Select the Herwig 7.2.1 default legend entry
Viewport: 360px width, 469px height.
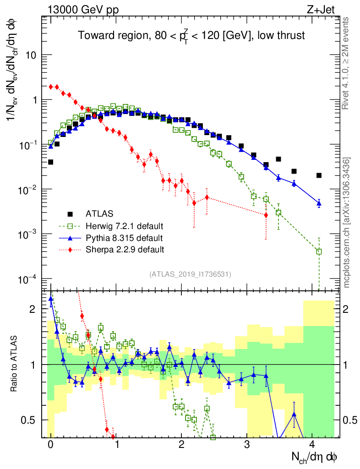click(x=124, y=226)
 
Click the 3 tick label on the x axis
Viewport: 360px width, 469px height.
click(x=247, y=444)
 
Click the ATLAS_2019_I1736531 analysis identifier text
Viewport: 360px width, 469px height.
click(x=190, y=274)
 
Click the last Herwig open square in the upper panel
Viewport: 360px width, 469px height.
click(x=319, y=251)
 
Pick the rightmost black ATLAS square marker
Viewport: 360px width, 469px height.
click(x=319, y=175)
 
